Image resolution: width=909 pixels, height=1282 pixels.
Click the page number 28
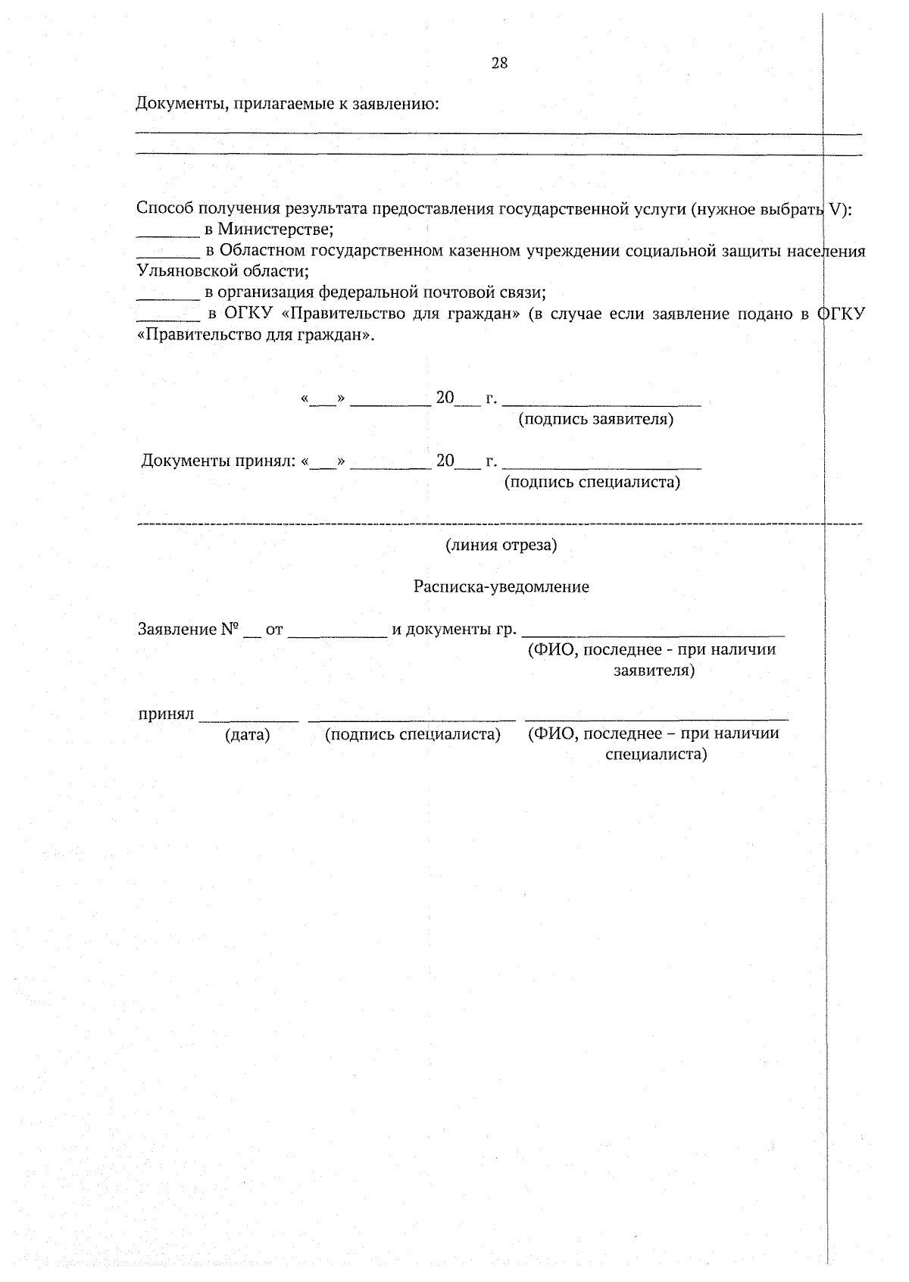point(499,63)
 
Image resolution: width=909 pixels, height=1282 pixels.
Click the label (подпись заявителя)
point(595,419)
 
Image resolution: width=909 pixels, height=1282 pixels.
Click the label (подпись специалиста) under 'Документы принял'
point(592,482)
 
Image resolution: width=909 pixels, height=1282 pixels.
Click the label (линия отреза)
point(501,545)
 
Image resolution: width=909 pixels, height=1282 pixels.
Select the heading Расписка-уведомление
point(501,586)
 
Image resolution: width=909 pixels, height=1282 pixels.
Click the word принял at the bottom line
point(166,714)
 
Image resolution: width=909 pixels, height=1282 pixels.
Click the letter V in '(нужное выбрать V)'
point(836,208)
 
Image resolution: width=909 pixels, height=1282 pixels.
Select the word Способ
point(164,208)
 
